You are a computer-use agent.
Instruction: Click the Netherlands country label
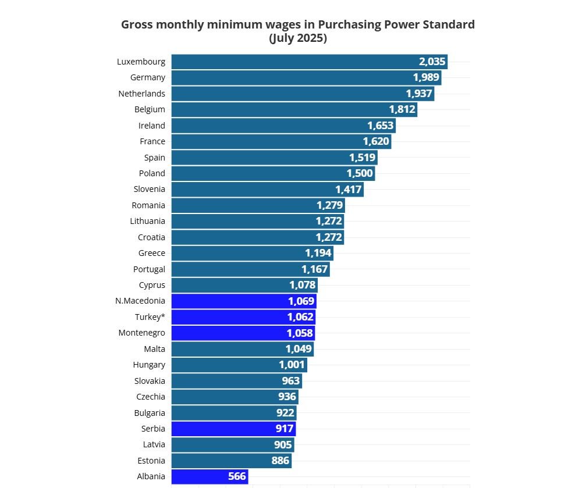pyautogui.click(x=141, y=94)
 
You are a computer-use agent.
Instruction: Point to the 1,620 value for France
pyautogui.click(x=376, y=141)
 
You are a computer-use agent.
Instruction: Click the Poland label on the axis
pyautogui.click(x=152, y=173)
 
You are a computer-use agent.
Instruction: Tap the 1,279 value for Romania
pyautogui.click(x=329, y=205)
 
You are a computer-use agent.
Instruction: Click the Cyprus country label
pyautogui.click(x=152, y=285)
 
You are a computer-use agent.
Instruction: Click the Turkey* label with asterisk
pyautogui.click(x=150, y=317)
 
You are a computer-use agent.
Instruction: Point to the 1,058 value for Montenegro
pyautogui.click(x=300, y=333)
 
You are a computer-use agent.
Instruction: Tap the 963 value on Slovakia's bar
pyautogui.click(x=290, y=381)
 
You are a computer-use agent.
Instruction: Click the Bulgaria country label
pyautogui.click(x=150, y=413)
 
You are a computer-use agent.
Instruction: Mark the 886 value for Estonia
pyautogui.click(x=280, y=461)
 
